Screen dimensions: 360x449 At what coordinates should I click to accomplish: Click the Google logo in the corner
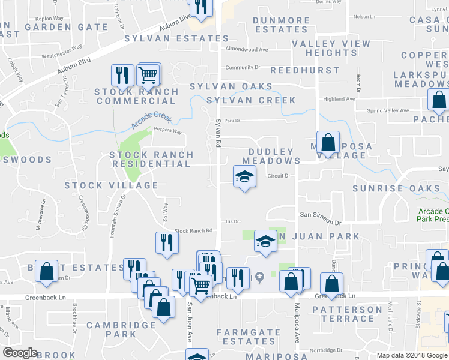[20, 353]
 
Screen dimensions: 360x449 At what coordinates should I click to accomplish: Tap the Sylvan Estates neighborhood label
[176, 39]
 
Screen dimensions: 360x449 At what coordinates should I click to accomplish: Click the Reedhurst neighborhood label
[305, 71]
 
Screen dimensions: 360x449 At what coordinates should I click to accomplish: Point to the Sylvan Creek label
[251, 100]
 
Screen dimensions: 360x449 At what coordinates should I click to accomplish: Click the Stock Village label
[112, 185]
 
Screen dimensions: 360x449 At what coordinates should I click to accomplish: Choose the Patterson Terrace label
[347, 314]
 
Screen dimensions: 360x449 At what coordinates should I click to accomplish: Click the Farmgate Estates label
[249, 337]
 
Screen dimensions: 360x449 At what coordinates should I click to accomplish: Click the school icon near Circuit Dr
[244, 176]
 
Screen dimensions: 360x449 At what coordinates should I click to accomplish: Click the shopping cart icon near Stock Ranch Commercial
[148, 75]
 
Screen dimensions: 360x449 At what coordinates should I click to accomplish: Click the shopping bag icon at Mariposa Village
[328, 143]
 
